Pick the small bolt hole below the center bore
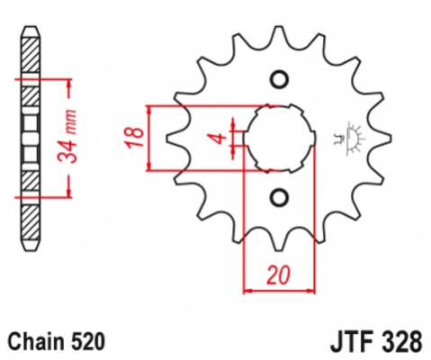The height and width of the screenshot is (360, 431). point(277,196)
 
